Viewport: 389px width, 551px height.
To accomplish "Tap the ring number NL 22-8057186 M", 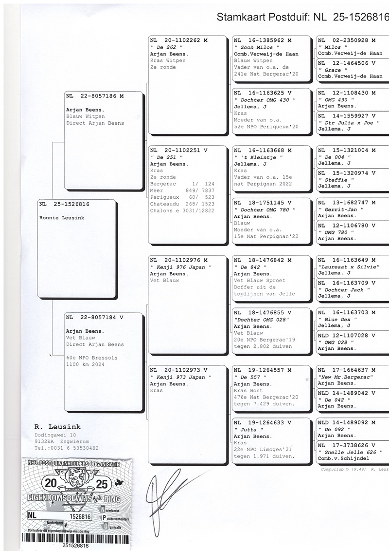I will coord(95,96).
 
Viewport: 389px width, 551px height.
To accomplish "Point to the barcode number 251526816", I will coord(75,546).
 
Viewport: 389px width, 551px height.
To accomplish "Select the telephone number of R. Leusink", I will coord(67,448).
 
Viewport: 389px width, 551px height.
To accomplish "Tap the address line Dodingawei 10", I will coord(55,435).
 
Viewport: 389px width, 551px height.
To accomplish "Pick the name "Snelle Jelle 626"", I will coord(349,452).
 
